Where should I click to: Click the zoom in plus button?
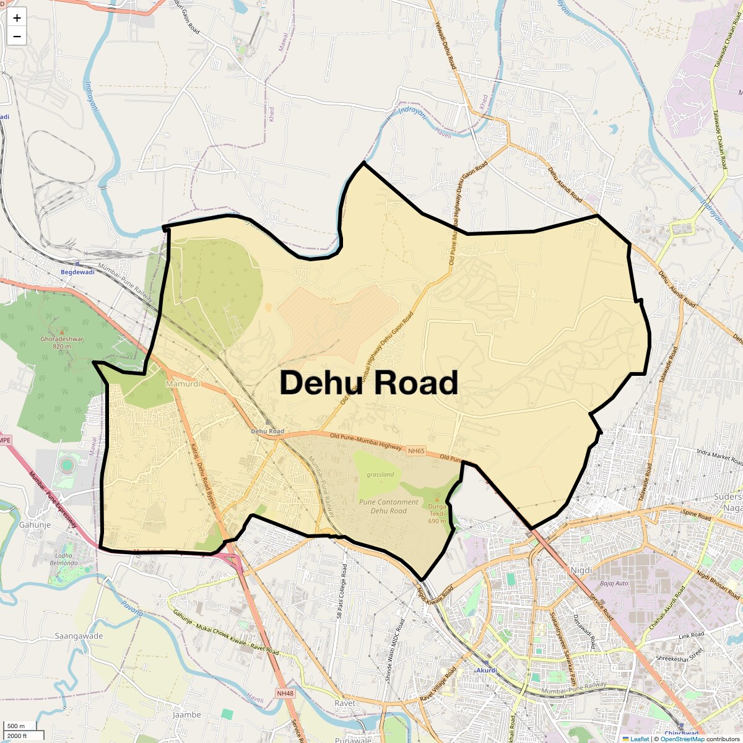(17, 18)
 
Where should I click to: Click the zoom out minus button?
(17, 37)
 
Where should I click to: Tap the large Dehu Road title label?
(369, 383)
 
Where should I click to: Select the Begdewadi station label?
(77, 272)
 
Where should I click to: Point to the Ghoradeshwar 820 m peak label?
(62, 342)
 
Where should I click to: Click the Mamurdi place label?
(183, 384)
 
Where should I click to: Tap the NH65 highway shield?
(416, 451)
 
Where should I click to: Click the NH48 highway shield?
(285, 693)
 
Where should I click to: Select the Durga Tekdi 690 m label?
(437, 513)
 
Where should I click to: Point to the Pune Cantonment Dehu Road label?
(389, 506)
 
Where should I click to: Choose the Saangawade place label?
(79, 636)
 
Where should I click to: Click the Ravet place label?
(345, 703)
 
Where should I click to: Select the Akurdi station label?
(486, 671)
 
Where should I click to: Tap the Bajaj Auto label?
(614, 583)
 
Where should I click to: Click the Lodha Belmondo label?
(64, 559)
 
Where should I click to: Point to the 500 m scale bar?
(17, 726)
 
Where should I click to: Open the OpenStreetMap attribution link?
(682, 739)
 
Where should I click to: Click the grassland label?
(380, 475)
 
